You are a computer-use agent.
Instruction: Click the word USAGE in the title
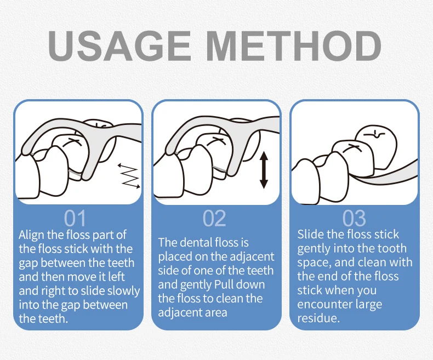119,46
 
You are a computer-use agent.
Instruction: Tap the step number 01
75,219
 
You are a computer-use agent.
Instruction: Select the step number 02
214,219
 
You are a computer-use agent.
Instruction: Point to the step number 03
354,219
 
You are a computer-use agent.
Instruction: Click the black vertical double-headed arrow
264,170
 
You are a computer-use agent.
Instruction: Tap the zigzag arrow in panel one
129,176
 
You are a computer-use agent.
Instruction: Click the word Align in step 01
31,236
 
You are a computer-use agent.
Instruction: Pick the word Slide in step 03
310,234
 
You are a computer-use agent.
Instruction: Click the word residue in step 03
318,318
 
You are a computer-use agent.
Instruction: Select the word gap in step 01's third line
28,264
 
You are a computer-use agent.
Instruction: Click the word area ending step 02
214,313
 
